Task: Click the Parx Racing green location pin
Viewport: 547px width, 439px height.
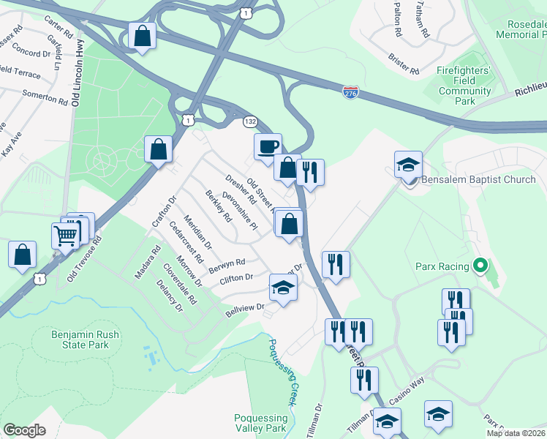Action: [x=480, y=265]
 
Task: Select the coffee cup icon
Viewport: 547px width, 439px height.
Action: [x=267, y=146]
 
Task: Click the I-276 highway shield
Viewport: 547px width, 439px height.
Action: [x=351, y=93]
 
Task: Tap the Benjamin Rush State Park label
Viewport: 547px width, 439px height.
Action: [x=85, y=340]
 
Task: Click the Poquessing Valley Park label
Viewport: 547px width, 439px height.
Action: [x=260, y=423]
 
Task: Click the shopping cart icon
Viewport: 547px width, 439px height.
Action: [x=65, y=236]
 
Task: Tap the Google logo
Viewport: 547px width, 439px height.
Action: [x=24, y=429]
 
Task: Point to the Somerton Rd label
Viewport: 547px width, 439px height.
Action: [x=45, y=96]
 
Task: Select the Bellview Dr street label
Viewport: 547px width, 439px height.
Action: [x=245, y=308]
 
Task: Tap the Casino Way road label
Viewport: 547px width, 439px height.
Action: [x=407, y=397]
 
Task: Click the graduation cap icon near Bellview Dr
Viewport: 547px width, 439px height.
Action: [x=283, y=287]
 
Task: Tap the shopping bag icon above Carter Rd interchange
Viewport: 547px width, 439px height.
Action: [x=141, y=35]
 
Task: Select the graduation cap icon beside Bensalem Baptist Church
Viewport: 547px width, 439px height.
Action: [x=408, y=165]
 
